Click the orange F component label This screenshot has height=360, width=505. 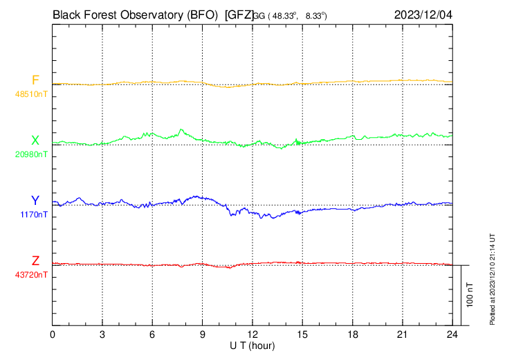(x=35, y=80)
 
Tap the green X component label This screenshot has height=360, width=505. (x=35, y=140)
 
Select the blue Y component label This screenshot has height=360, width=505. (x=35, y=200)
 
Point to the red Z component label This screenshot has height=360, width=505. (x=35, y=260)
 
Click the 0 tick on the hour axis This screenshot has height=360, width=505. (x=53, y=334)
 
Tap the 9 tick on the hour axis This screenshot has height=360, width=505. (x=203, y=334)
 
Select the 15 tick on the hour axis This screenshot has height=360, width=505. (x=302, y=334)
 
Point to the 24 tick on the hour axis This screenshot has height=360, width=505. (x=452, y=334)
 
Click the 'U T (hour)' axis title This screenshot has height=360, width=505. (x=252, y=345)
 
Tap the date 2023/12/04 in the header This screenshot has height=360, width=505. (x=423, y=13)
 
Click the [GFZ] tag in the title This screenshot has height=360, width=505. (x=239, y=13)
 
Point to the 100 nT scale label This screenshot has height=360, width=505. (x=470, y=295)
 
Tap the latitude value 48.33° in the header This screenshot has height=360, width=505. (x=285, y=15)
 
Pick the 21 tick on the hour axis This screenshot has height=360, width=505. (x=403, y=334)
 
